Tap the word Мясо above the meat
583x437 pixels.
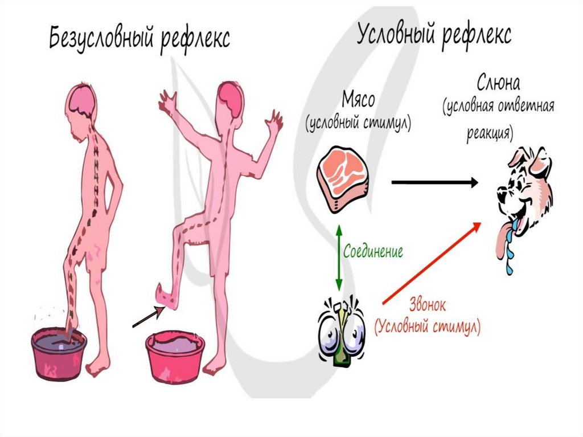(358, 101)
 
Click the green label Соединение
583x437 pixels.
(373, 251)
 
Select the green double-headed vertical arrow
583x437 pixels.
(338, 257)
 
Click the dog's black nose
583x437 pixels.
(500, 195)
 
